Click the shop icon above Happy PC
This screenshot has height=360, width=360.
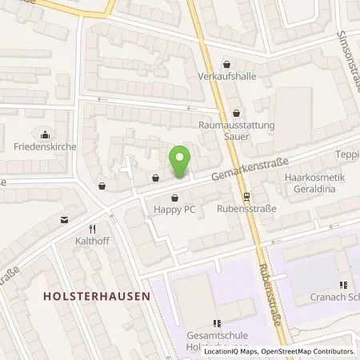pyautogui.click(x=175, y=197)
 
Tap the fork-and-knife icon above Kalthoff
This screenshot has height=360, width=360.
pyautogui.click(x=93, y=227)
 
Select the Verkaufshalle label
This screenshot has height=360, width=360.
pyautogui.click(x=226, y=77)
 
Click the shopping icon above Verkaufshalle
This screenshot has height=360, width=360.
pyautogui.click(x=227, y=64)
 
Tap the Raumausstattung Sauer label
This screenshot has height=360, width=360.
pyautogui.click(x=235, y=130)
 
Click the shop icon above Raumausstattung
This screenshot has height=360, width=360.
pyautogui.click(x=235, y=113)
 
